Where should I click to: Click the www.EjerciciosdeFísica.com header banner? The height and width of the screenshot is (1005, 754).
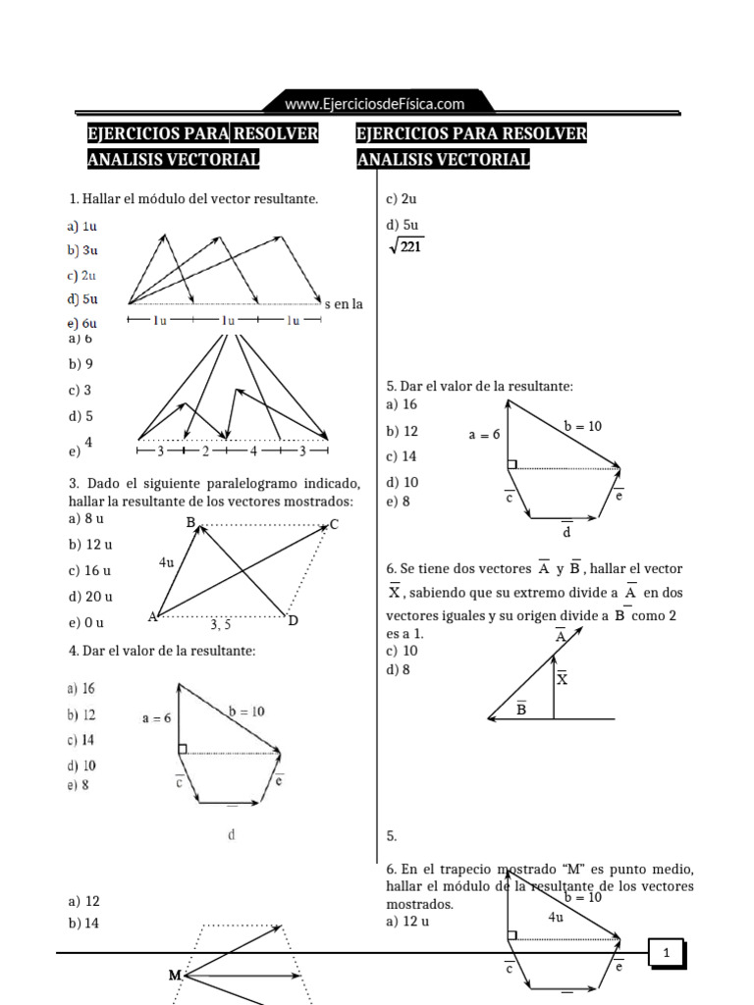[374, 103]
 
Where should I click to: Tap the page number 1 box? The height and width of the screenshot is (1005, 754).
[666, 953]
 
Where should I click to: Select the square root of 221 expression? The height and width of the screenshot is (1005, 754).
[405, 247]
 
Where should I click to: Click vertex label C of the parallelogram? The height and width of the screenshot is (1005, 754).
[334, 525]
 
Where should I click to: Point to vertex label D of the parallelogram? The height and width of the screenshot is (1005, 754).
[293, 620]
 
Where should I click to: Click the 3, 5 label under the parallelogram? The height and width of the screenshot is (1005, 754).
[221, 623]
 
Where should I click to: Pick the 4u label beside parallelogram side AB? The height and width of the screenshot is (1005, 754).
[167, 563]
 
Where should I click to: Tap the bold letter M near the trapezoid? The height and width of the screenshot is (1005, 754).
[175, 976]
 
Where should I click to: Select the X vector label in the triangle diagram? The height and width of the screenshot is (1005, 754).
[562, 678]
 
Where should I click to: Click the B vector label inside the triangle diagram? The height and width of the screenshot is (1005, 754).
[521, 709]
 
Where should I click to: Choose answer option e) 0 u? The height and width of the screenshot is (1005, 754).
[86, 623]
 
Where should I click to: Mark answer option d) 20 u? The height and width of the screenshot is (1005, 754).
[90, 597]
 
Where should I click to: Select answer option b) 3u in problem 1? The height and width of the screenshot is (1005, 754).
[82, 250]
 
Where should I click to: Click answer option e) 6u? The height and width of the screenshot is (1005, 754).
[82, 323]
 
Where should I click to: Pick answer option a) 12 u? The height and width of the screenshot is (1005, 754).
[407, 922]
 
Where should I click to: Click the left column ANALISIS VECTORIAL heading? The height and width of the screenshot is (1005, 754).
[174, 159]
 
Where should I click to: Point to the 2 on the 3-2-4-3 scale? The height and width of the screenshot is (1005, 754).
[206, 451]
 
